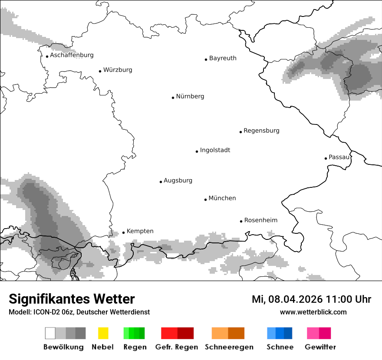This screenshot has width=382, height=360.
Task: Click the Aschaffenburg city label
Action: (72, 56)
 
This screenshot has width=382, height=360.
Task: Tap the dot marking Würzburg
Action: (100, 71)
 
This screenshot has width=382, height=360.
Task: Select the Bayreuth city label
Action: (223, 58)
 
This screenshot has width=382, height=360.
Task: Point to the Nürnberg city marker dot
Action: (173, 98)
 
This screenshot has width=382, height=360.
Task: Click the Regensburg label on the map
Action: (261, 131)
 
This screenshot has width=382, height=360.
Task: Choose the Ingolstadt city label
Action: (215, 151)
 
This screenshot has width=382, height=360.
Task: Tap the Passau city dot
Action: (326, 158)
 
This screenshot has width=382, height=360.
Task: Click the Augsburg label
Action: (178, 181)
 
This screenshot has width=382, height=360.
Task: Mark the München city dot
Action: (205, 200)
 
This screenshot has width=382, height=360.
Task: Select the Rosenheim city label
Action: (260, 220)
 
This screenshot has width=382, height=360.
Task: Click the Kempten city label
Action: (140, 231)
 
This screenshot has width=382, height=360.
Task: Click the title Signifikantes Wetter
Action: (72, 299)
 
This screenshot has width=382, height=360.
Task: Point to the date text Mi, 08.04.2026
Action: (287, 299)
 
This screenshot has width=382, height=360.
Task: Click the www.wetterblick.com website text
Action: (313, 312)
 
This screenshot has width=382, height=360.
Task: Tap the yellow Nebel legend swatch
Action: (103, 333)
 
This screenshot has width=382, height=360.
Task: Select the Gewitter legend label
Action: (320, 347)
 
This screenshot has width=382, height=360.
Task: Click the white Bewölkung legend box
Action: (50, 333)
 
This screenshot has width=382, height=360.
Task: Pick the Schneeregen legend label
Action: (229, 347)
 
